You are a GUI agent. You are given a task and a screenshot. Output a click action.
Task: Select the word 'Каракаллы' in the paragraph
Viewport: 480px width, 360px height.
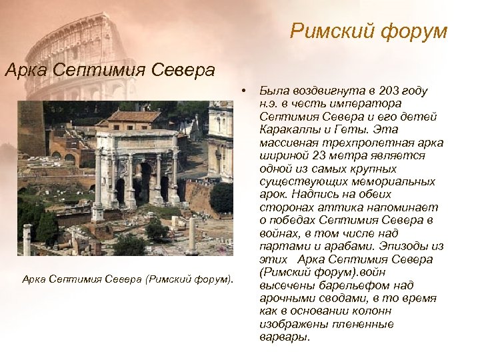coord(286,129)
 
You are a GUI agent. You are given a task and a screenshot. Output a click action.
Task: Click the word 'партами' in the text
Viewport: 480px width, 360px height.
coord(280,246)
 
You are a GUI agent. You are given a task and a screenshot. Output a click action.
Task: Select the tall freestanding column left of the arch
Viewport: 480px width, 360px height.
coord(97,187)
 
